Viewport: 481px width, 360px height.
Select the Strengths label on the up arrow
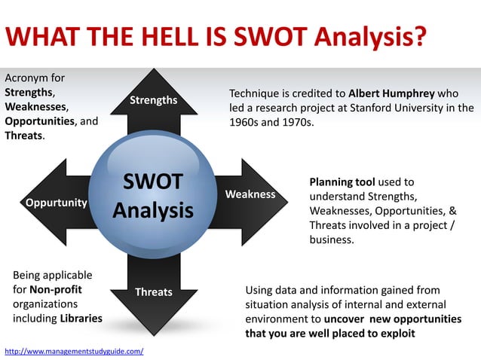click(153, 101)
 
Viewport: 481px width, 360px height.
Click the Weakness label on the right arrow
click(250, 194)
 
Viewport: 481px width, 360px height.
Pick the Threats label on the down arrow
click(153, 291)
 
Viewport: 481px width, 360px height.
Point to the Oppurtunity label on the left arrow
click(57, 203)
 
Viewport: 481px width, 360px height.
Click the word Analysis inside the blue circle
click(153, 210)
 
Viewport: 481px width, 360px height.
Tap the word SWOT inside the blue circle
click(153, 182)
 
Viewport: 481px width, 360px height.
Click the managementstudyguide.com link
click(74, 352)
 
